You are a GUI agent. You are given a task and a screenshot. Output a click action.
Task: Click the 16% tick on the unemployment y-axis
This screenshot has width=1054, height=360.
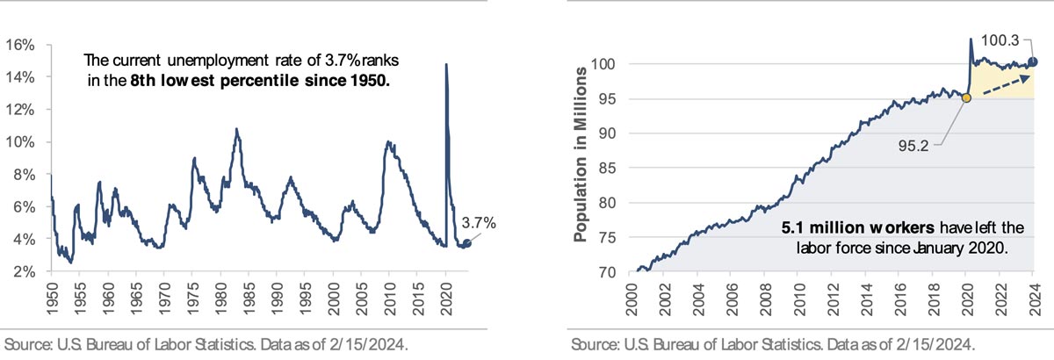pos(21,45)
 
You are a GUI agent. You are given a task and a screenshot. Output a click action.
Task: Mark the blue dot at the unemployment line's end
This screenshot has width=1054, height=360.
pos(466,243)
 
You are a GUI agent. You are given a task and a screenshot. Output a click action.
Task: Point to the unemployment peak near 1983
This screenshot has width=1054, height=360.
pos(236,129)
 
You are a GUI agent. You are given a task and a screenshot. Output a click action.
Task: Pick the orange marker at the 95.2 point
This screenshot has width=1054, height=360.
pos(966,97)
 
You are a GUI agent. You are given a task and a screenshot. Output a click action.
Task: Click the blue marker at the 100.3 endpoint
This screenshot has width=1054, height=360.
pos(1033,61)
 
